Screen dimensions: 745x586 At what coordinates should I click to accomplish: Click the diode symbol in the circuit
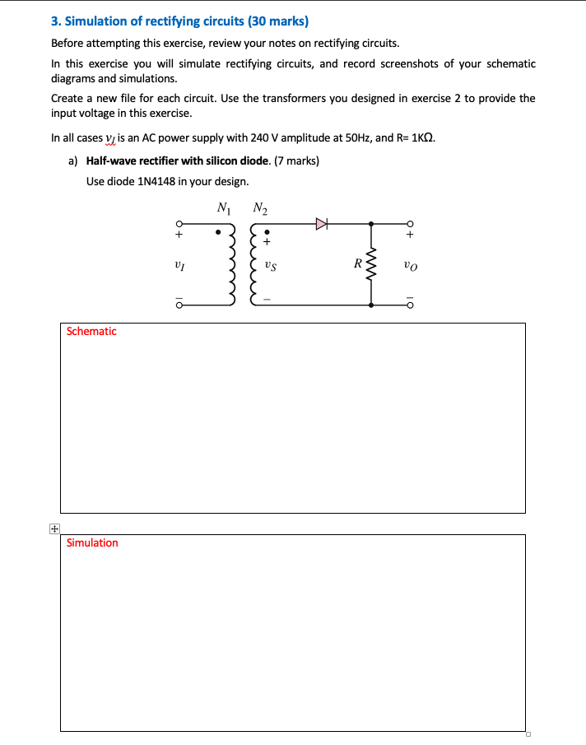[x=322, y=223]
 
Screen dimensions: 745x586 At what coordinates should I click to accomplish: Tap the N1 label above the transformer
[x=223, y=207]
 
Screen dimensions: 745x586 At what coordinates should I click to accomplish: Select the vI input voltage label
[x=178, y=265]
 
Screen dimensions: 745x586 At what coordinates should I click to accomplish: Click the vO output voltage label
[x=411, y=265]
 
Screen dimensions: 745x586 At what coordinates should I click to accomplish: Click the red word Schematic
[x=91, y=331]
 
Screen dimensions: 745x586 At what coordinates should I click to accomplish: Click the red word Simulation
[x=92, y=542]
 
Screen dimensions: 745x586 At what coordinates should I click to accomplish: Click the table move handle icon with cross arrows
[x=53, y=529]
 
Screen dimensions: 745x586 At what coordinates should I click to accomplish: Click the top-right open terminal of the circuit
[x=409, y=223]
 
